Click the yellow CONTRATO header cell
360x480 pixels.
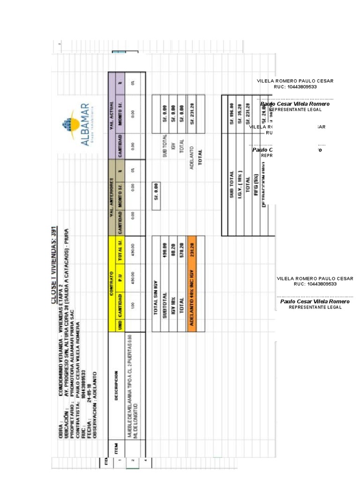click(x=112, y=283)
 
